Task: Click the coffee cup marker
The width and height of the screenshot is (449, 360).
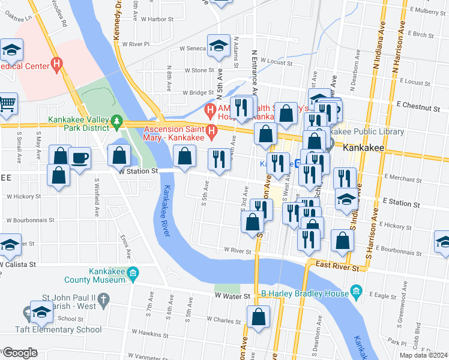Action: point(80,158)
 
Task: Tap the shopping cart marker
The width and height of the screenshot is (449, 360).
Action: point(7,104)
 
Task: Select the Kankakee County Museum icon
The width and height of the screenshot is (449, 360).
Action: point(133,274)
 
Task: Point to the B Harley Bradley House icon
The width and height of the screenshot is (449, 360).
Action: point(356,293)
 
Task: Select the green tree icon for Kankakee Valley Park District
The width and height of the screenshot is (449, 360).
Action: point(116,123)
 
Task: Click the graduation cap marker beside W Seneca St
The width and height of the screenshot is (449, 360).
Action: point(219,46)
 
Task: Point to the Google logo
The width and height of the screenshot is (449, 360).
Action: point(20,353)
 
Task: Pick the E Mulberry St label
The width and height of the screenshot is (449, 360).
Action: point(427,10)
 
